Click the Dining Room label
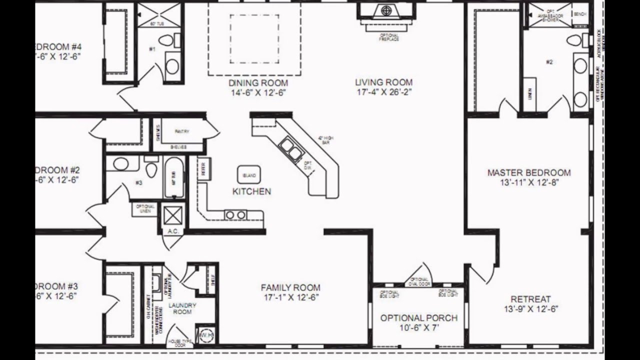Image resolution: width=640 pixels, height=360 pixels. click(x=258, y=82)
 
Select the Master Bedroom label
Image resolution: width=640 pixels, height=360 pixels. click(x=529, y=172)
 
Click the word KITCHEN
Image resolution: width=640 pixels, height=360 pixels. click(x=252, y=191)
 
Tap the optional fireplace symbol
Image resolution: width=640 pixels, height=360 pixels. click(x=385, y=10)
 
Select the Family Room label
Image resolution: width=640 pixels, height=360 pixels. click(x=290, y=287)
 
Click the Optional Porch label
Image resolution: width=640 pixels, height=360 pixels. click(x=419, y=318)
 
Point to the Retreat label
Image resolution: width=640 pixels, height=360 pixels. click(x=527, y=299)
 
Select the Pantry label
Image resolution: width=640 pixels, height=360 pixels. click(x=181, y=131)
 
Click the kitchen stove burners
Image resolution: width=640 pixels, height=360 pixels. click(x=235, y=215)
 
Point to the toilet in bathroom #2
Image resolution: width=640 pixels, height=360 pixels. click(x=573, y=40)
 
